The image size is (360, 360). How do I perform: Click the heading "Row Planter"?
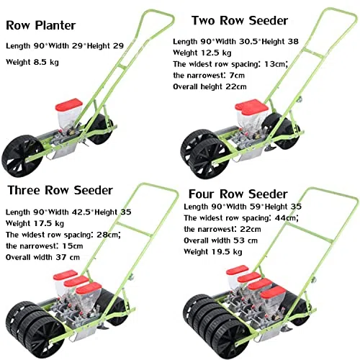pos(41,25)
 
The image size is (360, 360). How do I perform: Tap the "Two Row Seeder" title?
pos(240,20)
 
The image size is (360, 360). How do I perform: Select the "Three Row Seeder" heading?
pos(60,190)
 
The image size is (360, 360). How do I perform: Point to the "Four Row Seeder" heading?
pos(238,194)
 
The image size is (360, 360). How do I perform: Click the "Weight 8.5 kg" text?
pos(32,62)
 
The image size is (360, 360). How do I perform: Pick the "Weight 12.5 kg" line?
pos(202,53)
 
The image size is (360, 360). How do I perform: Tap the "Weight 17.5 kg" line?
pos(35,223)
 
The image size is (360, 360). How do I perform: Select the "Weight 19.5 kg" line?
pos(213,252)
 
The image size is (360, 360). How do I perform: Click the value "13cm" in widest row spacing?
pos(276,64)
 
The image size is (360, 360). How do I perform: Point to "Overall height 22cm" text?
pos(210,86)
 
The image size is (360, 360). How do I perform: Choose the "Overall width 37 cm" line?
pos(42,257)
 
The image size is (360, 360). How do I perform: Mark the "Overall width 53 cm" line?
pos(221,240)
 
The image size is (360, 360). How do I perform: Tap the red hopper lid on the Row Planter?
pos(69,104)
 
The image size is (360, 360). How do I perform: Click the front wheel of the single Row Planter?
pos(22,156)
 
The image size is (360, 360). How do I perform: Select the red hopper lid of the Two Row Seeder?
pos(251,107)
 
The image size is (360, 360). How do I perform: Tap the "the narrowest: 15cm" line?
pos(45,246)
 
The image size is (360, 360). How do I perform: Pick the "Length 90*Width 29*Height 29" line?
pos(65,45)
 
